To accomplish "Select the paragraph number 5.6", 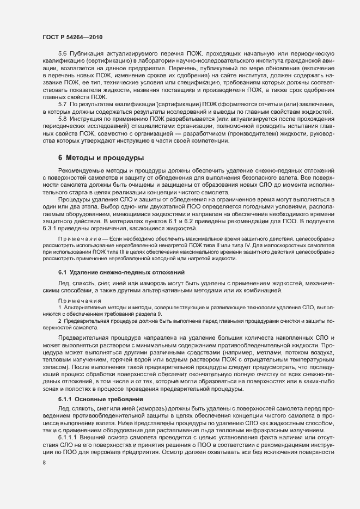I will click(63, 53).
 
